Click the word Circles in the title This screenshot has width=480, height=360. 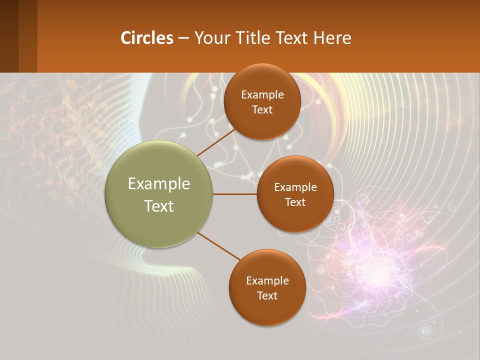(x=146, y=38)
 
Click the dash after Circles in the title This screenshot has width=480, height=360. (x=183, y=38)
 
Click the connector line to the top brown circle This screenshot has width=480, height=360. (x=216, y=142)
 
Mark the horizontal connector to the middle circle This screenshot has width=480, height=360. (x=234, y=194)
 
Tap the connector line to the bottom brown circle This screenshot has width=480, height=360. (x=218, y=246)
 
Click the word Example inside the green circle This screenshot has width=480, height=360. (x=159, y=184)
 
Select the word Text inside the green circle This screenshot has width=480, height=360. (x=159, y=206)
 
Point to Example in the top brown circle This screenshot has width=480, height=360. (x=262, y=95)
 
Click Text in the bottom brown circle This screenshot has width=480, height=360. (x=267, y=295)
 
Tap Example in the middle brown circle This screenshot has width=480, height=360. (x=295, y=187)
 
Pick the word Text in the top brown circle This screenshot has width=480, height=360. (x=262, y=109)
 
